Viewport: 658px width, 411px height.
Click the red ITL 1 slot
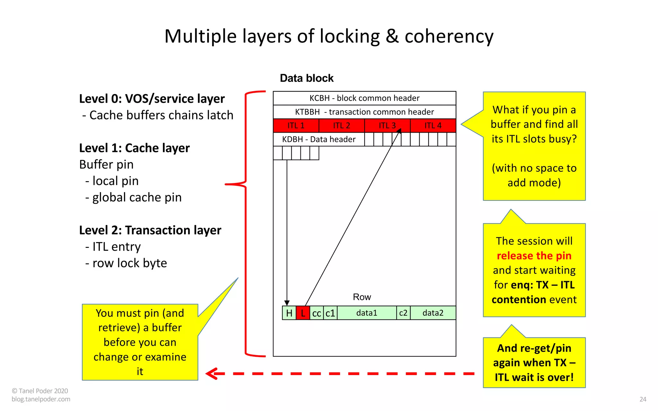point(296,126)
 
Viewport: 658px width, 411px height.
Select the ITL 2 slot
point(342,126)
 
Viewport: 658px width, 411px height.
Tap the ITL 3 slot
point(387,126)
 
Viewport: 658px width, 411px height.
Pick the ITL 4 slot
point(433,126)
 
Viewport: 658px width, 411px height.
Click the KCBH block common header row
point(364,98)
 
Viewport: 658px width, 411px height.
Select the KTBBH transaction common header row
point(364,112)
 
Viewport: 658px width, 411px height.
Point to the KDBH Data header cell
point(319,139)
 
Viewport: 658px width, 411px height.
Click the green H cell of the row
point(289,313)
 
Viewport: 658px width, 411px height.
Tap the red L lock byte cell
point(303,313)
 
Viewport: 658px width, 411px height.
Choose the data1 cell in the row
point(367,313)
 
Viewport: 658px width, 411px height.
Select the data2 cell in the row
point(433,313)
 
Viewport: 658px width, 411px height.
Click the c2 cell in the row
point(403,313)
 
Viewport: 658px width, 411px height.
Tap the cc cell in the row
point(316,313)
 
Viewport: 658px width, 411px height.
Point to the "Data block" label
point(307,78)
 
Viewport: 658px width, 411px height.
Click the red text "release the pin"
point(534,256)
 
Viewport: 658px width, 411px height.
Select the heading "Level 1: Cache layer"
point(134,148)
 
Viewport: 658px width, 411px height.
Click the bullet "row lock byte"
point(129,263)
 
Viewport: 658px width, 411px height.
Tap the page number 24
point(643,399)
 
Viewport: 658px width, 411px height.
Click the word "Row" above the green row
point(362,297)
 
